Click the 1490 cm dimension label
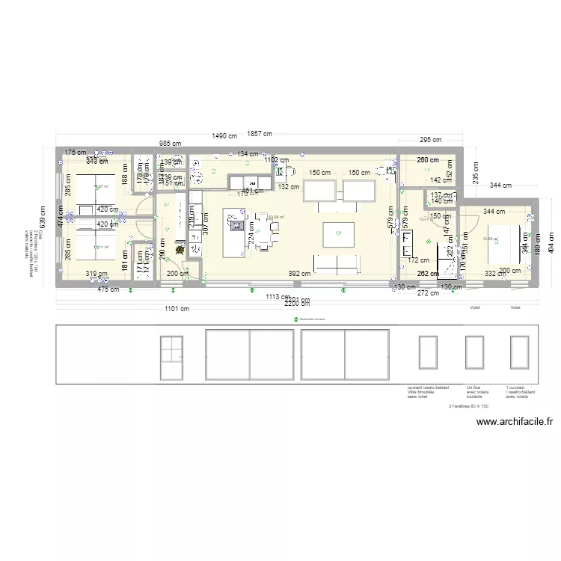pos(224,136)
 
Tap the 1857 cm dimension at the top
pos(261,133)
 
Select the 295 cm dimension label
pos(429,140)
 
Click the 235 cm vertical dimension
pos(474,174)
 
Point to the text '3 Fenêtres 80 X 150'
pos(468,406)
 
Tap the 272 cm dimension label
pos(429,293)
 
